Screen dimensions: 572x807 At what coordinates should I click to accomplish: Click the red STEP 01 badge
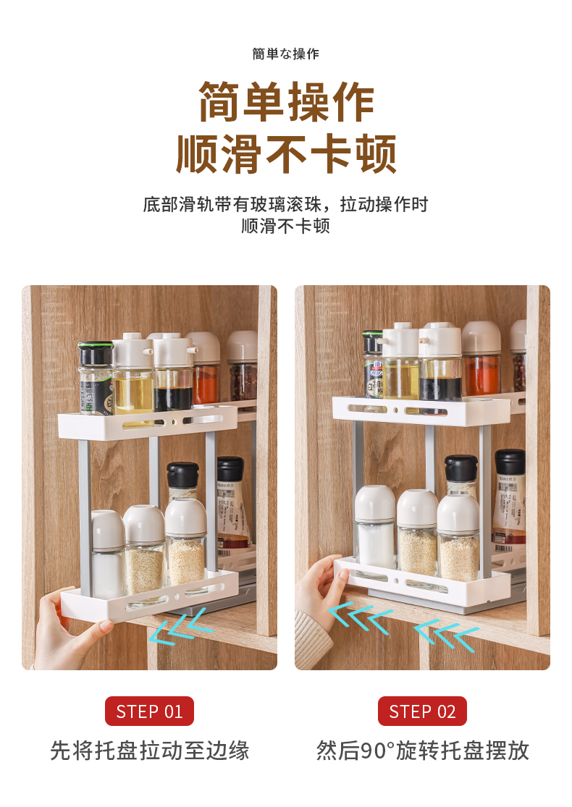coord(149,711)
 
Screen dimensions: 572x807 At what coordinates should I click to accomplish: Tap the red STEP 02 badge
coord(422,711)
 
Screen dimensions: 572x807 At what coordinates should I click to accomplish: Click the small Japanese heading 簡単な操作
coord(286,54)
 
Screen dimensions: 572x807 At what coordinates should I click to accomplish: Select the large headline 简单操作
coord(286,102)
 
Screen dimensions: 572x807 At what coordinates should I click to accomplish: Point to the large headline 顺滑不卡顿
coord(286,153)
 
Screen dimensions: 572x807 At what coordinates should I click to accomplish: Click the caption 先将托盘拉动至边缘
coord(149,751)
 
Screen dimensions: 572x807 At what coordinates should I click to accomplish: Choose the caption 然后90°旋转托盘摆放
coord(422,751)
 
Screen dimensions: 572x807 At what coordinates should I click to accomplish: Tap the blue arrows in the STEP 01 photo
coord(180,626)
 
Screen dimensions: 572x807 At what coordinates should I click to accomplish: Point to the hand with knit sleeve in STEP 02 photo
coord(319,602)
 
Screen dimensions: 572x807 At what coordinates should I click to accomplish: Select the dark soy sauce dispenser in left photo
coord(174,373)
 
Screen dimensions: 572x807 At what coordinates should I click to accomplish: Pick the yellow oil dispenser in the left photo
coord(133,375)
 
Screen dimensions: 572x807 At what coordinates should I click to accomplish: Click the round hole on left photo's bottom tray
coord(177,597)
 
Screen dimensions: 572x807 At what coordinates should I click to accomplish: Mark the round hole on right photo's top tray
coord(395,410)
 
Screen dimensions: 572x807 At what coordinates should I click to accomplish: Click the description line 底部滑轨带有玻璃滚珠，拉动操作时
coord(286,204)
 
